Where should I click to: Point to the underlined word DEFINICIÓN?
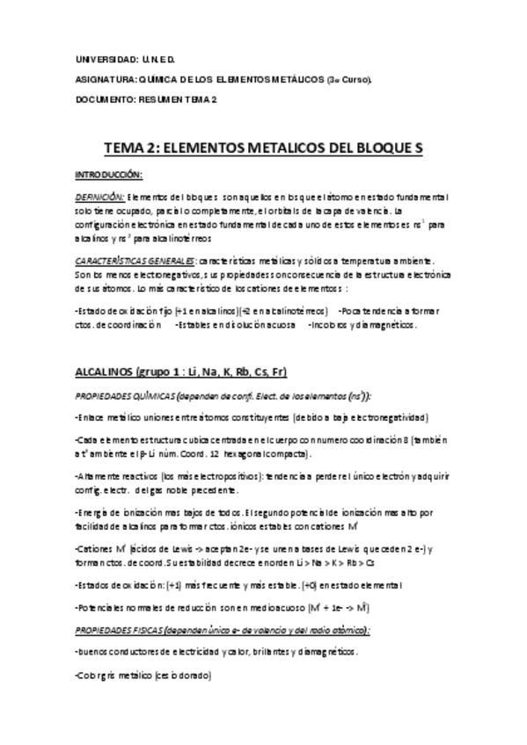coord(100,197)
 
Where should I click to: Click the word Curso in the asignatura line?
coord(355,79)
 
